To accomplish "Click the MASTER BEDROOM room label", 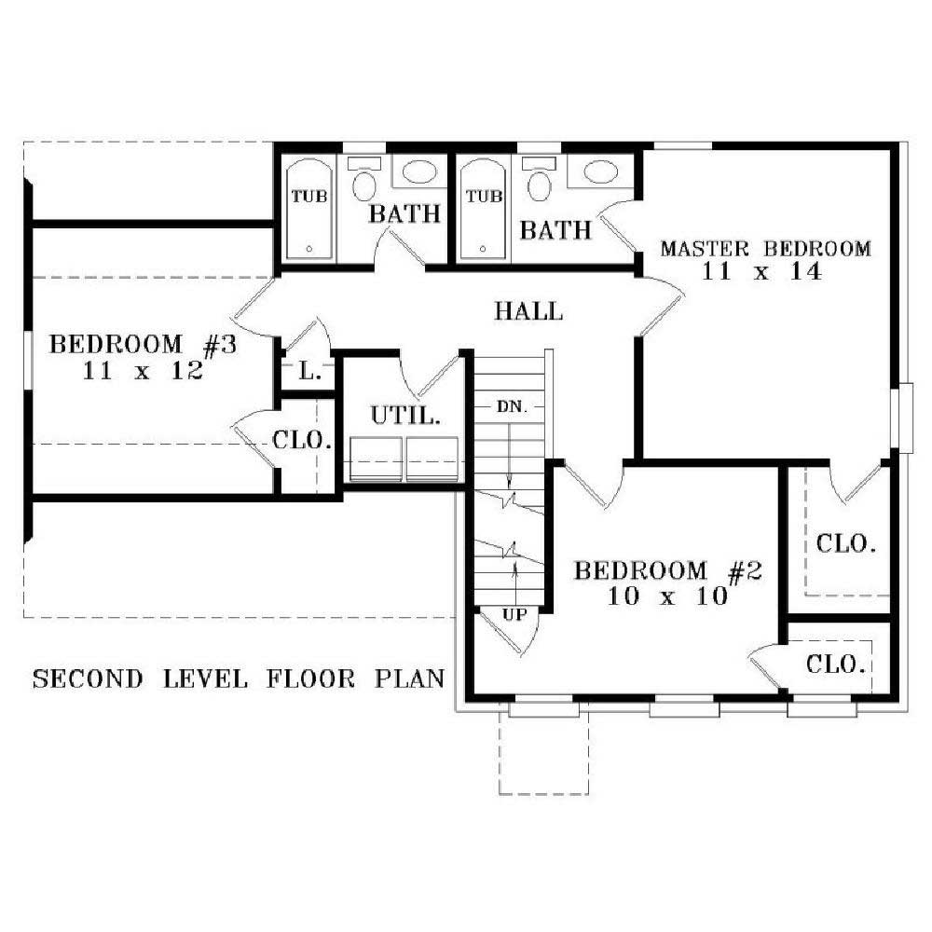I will pyautogui.click(x=765, y=249).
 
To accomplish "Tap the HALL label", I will pyautogui.click(x=528, y=311).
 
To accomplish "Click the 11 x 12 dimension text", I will pyautogui.click(x=143, y=370).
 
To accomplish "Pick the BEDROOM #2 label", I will pyautogui.click(x=668, y=571).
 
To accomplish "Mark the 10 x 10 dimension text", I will pyautogui.click(x=666, y=596).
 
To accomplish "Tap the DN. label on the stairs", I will pyautogui.click(x=512, y=407).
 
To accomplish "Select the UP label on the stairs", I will pyautogui.click(x=515, y=614).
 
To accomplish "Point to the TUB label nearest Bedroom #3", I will pyautogui.click(x=308, y=197).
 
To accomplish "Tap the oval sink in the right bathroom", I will pyautogui.click(x=596, y=171).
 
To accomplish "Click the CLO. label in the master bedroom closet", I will pyautogui.click(x=845, y=542).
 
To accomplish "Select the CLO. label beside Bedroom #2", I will pyautogui.click(x=836, y=665).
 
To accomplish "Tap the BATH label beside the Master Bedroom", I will pyautogui.click(x=555, y=229).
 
